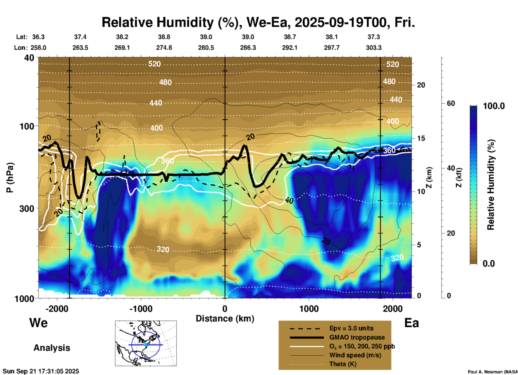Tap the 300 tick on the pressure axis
tap(27, 208)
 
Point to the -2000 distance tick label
tap(57, 309)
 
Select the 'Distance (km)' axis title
tap(225, 319)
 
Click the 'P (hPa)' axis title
tap(10, 178)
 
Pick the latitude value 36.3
tap(38, 37)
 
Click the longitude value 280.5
tap(206, 48)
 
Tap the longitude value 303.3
tap(374, 48)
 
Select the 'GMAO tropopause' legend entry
tap(357, 337)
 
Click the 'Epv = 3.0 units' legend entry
tap(351, 328)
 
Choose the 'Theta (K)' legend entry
tap(343, 364)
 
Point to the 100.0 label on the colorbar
tap(494, 106)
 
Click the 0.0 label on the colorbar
tap(489, 263)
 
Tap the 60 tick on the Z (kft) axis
tap(451, 103)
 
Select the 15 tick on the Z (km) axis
tap(421, 138)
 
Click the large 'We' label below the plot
tap(38, 323)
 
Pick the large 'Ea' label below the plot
tap(411, 323)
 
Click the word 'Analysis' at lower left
tap(52, 348)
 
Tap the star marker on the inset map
tap(146, 345)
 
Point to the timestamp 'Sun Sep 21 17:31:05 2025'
tap(41, 371)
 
